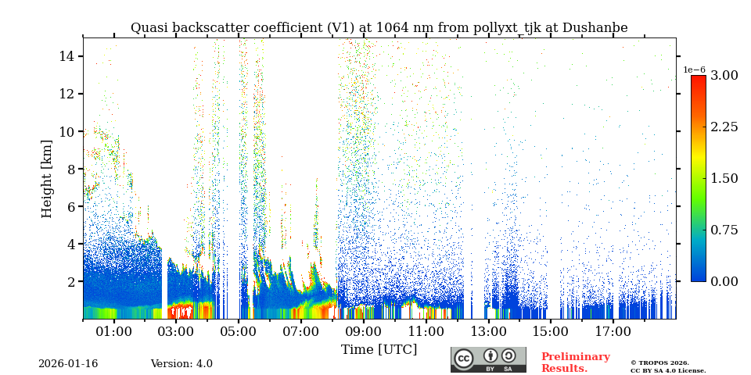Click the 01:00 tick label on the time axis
(113, 332)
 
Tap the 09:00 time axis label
(364, 332)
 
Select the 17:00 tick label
(613, 332)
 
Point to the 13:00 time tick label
(488, 332)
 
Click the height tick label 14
(66, 56)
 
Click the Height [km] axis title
(47, 179)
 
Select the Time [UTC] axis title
(379, 350)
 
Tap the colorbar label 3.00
(724, 75)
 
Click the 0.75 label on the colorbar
(724, 230)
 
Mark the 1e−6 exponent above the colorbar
(695, 70)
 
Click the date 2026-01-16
(68, 364)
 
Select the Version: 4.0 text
(181, 364)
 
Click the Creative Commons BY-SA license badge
(488, 359)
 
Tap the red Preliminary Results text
(575, 362)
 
